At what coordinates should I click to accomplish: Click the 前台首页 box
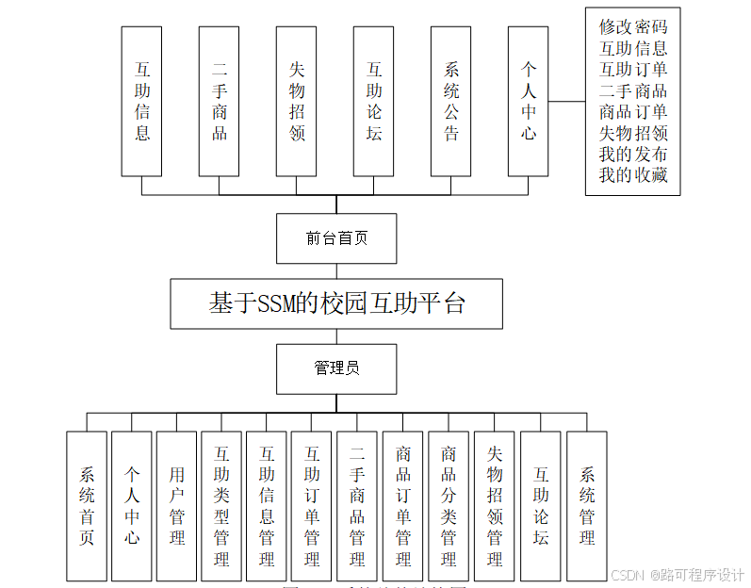coord(335,238)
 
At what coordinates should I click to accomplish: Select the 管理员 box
coord(335,368)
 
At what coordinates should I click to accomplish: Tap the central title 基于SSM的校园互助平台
coord(335,303)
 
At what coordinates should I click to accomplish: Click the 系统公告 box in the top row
coord(450,101)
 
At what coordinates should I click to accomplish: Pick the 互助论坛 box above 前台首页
coord(373,101)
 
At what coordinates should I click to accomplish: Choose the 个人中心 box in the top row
coord(528,101)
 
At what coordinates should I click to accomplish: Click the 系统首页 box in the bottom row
coord(87,506)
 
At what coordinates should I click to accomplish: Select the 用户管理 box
coord(176,506)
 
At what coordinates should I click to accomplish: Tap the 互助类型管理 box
coord(221,506)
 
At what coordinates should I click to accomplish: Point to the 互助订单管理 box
coord(312,506)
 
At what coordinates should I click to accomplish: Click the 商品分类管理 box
coord(449,506)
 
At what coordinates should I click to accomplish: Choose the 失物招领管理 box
coord(495,506)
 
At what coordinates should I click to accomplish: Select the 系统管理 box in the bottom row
coord(586,506)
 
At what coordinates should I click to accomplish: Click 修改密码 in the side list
coord(632,26)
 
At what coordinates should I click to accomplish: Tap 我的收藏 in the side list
coord(632,175)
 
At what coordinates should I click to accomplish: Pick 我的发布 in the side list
coord(632,155)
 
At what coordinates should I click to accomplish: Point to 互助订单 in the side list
coord(632,69)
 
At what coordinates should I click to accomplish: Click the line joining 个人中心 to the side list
coord(566,101)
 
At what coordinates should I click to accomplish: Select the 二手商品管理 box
coord(357,506)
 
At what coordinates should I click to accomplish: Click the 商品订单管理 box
coord(403,506)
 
